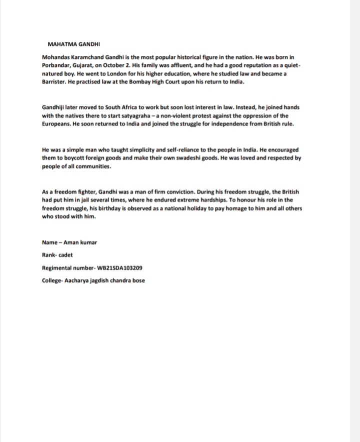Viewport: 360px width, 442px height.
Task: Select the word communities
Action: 93,165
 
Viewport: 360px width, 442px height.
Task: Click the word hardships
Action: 205,200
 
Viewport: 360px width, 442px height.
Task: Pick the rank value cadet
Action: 65,255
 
